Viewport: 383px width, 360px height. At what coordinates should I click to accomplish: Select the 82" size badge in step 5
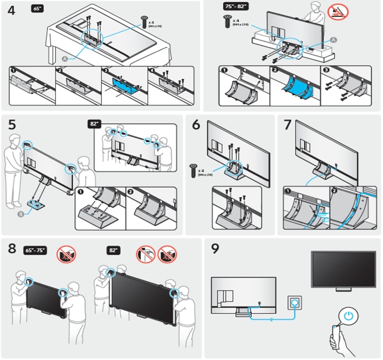[95, 124]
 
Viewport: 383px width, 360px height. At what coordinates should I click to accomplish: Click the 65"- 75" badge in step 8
[37, 250]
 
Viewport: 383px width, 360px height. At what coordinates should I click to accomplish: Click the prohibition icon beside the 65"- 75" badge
[67, 255]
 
